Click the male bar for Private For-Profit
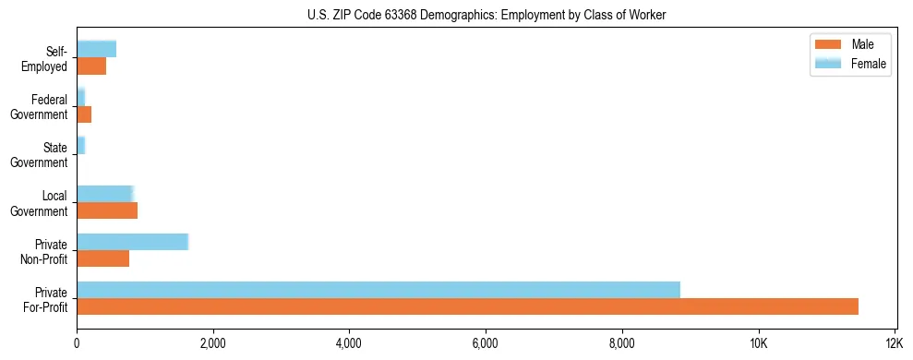coord(467,306)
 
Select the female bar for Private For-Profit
coord(378,290)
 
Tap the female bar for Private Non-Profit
coord(132,242)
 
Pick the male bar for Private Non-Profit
coord(102,258)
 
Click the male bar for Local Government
coord(107,210)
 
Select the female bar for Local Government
coord(105,194)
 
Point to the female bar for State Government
coord(81,146)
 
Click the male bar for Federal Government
coord(84,114)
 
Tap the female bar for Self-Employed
coord(96,49)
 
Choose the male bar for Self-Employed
coord(91,66)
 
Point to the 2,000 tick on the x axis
coord(213,343)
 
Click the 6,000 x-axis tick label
coord(486,343)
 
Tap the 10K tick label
coord(758,343)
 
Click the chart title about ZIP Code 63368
coord(486,15)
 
